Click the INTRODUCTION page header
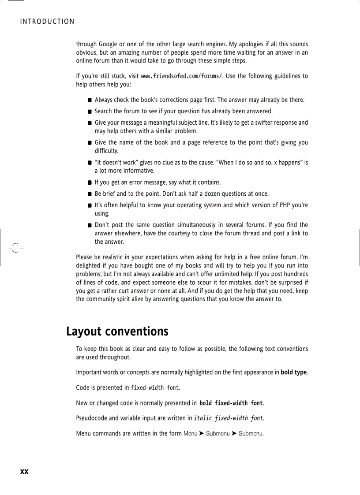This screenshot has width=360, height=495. tap(47, 22)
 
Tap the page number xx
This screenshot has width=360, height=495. tap(24, 472)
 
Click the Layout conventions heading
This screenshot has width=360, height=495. tap(117, 331)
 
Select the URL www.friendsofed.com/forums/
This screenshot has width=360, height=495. tap(182, 76)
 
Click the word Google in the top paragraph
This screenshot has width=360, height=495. tap(108, 45)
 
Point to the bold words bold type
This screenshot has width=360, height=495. tap(294, 372)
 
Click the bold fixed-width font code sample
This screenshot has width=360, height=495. tap(231, 403)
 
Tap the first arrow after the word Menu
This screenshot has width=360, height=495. tap(202, 434)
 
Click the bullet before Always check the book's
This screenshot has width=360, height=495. tap(90, 100)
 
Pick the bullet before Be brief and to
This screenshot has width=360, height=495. tap(90, 194)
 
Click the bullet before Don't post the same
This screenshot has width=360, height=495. tap(90, 226)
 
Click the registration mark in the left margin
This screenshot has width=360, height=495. tap(14, 248)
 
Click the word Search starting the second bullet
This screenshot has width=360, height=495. tap(103, 111)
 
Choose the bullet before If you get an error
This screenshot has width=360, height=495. tap(90, 182)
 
